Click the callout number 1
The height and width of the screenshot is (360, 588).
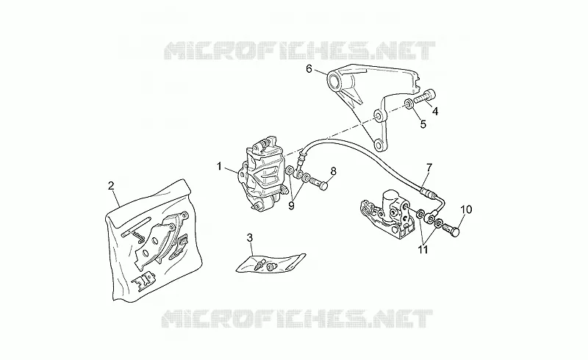(219, 166)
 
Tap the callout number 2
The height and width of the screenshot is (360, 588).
(111, 185)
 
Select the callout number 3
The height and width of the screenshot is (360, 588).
(250, 237)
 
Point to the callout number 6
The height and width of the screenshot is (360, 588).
(309, 68)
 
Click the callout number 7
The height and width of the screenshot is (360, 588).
(429, 168)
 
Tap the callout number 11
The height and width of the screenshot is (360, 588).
(423, 249)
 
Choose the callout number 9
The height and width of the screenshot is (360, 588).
(291, 206)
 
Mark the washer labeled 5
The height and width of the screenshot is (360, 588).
(409, 104)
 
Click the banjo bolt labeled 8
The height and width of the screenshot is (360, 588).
(319, 184)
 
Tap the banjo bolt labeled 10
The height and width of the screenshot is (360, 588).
(451, 229)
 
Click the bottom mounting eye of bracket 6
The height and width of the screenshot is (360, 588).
(379, 145)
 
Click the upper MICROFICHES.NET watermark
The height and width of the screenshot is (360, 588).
(300, 51)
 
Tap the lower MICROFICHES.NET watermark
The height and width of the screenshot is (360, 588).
(298, 319)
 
